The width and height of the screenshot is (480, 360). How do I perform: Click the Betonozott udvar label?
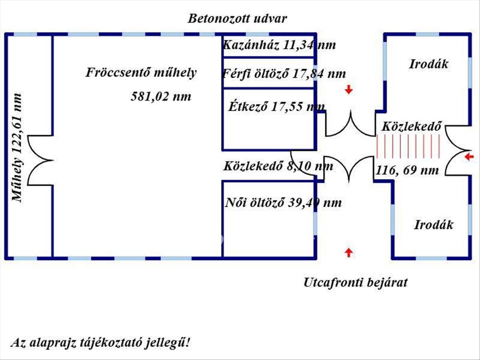click(x=238, y=19)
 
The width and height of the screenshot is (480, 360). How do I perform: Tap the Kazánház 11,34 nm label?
click(x=279, y=45)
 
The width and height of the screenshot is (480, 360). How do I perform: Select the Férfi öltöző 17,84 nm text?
click(x=283, y=74)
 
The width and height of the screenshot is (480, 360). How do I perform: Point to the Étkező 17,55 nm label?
click(x=276, y=107)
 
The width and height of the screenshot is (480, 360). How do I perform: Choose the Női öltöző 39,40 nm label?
click(x=283, y=203)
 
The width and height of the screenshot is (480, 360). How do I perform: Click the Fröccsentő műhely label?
click(x=141, y=73)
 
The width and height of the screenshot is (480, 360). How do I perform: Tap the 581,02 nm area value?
click(x=161, y=96)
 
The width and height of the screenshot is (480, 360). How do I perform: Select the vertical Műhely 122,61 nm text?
click(x=17, y=148)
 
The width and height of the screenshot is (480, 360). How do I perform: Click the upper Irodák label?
click(x=429, y=64)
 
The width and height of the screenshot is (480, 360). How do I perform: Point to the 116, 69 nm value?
click(x=407, y=170)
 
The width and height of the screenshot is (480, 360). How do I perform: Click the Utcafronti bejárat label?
click(x=356, y=283)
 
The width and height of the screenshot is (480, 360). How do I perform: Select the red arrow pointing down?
click(x=349, y=90)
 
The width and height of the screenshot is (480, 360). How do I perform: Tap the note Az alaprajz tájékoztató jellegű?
click(x=101, y=343)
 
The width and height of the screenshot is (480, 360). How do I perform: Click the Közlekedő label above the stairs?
click(x=412, y=127)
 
